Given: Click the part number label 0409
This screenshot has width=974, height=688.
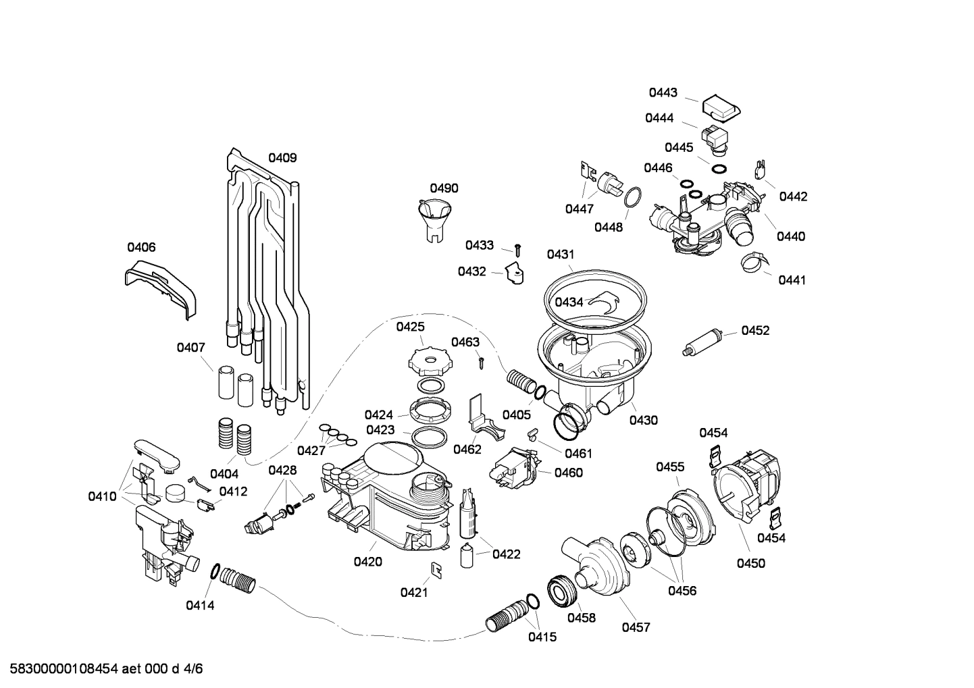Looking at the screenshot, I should (x=282, y=158).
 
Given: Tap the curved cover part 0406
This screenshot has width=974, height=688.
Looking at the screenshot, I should (x=163, y=286).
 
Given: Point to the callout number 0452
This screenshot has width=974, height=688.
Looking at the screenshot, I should (x=755, y=330).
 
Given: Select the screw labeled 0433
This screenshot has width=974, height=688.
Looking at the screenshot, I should (x=518, y=249).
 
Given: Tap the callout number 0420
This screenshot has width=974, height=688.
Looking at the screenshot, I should (x=368, y=561).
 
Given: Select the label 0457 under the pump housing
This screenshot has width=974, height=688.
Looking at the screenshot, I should (x=636, y=627).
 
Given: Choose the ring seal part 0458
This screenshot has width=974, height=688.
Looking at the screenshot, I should (x=562, y=589).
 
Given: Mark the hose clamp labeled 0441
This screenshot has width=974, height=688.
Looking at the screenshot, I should (x=753, y=263).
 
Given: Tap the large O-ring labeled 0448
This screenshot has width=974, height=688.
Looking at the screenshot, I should (x=632, y=198).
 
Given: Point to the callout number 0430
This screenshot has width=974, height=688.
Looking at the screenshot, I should (x=643, y=420).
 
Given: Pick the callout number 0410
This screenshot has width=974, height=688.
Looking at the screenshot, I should (x=102, y=496).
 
